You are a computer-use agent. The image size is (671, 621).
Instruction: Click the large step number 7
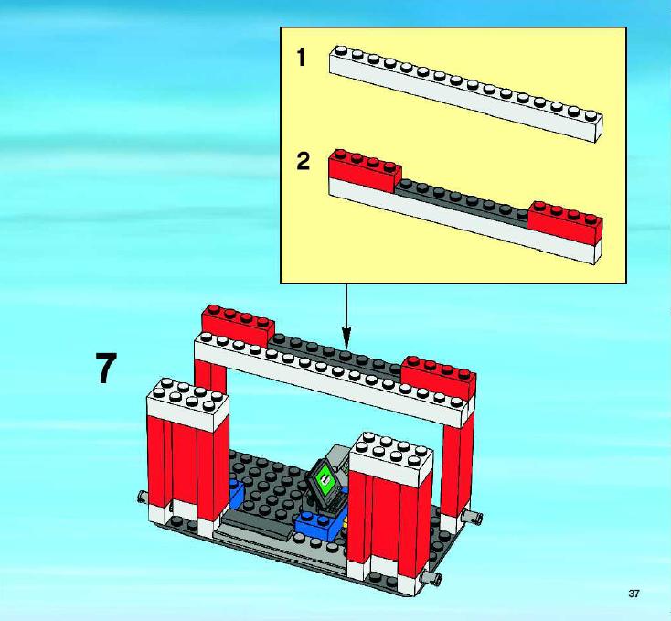106,369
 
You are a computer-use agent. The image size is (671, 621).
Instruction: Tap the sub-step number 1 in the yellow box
302,58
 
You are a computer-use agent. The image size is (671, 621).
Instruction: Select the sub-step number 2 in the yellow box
303,162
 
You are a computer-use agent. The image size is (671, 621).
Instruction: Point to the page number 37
634,594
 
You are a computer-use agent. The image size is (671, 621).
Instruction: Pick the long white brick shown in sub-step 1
465,93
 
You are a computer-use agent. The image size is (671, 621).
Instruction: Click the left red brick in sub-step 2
365,171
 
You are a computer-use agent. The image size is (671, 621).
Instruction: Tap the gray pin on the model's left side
143,497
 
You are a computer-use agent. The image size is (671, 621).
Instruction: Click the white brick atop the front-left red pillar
187,405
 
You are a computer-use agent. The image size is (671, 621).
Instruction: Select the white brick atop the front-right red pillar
391,459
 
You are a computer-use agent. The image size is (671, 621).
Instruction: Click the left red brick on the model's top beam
238,326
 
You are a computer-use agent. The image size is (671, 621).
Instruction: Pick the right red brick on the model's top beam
439,377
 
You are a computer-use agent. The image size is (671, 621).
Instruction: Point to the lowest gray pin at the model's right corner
431,578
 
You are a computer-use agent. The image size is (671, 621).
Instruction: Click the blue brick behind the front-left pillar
235,492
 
